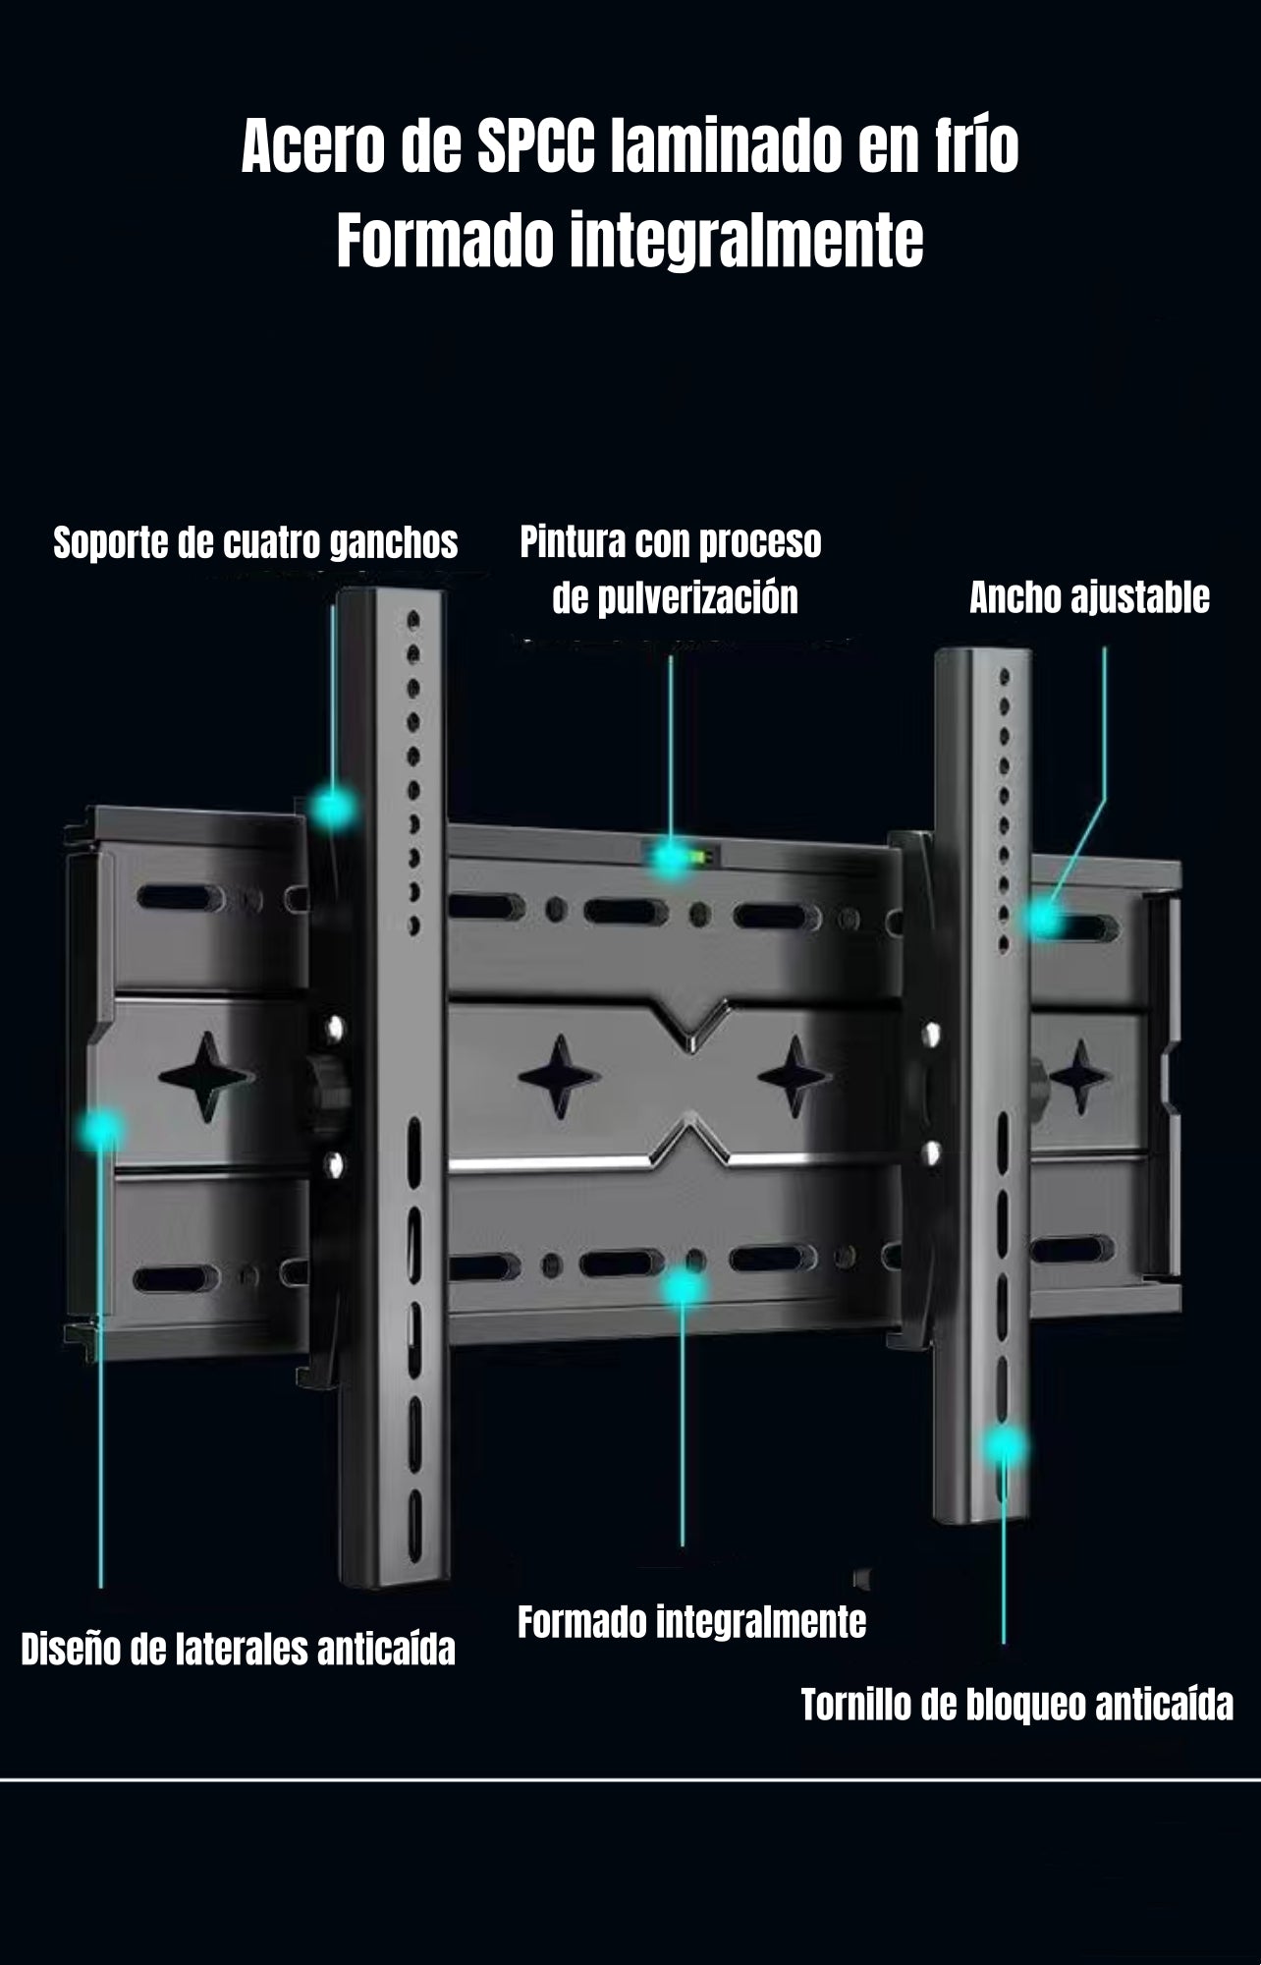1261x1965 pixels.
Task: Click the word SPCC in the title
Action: [536, 148]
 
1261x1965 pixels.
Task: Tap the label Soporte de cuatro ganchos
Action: [255, 542]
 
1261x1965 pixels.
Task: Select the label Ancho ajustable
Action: [1089, 597]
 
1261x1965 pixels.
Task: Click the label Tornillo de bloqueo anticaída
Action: [1016, 1705]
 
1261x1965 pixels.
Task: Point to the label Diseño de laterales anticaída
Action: [238, 1650]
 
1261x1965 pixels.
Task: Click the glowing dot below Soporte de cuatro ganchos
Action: [334, 809]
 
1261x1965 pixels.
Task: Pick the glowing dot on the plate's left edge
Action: [100, 1130]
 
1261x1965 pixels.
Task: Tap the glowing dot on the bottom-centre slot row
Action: [683, 1287]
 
